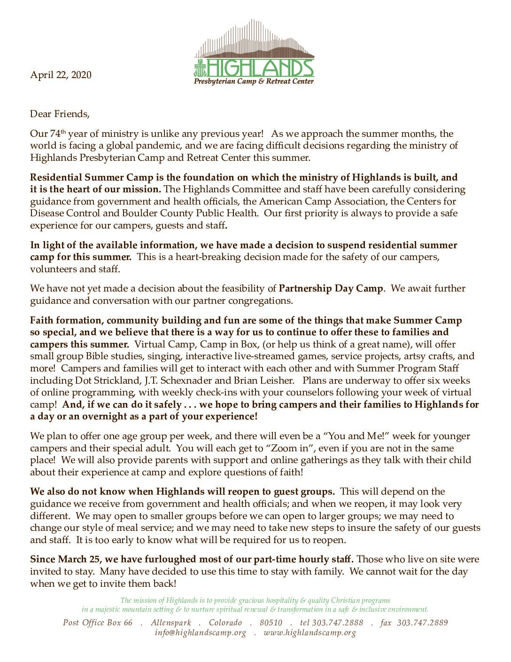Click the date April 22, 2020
tap(61, 75)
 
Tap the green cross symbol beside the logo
tap(199, 68)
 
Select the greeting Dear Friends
tap(59, 114)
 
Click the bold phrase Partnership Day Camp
tap(331, 288)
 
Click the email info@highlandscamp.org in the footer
tap(201, 632)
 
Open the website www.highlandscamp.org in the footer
tap(310, 632)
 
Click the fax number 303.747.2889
tap(422, 623)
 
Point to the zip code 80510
tap(271, 623)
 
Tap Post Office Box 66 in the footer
tap(98, 623)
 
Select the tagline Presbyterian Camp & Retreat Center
tap(254, 82)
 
